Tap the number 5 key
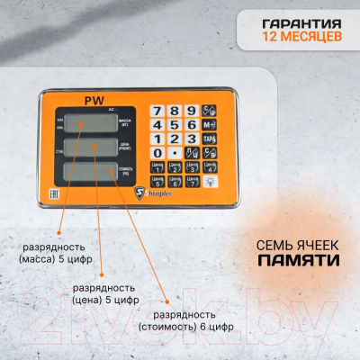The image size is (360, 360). pos(172,124)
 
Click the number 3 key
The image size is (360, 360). pos(189,139)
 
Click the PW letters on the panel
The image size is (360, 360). pos(93,101)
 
